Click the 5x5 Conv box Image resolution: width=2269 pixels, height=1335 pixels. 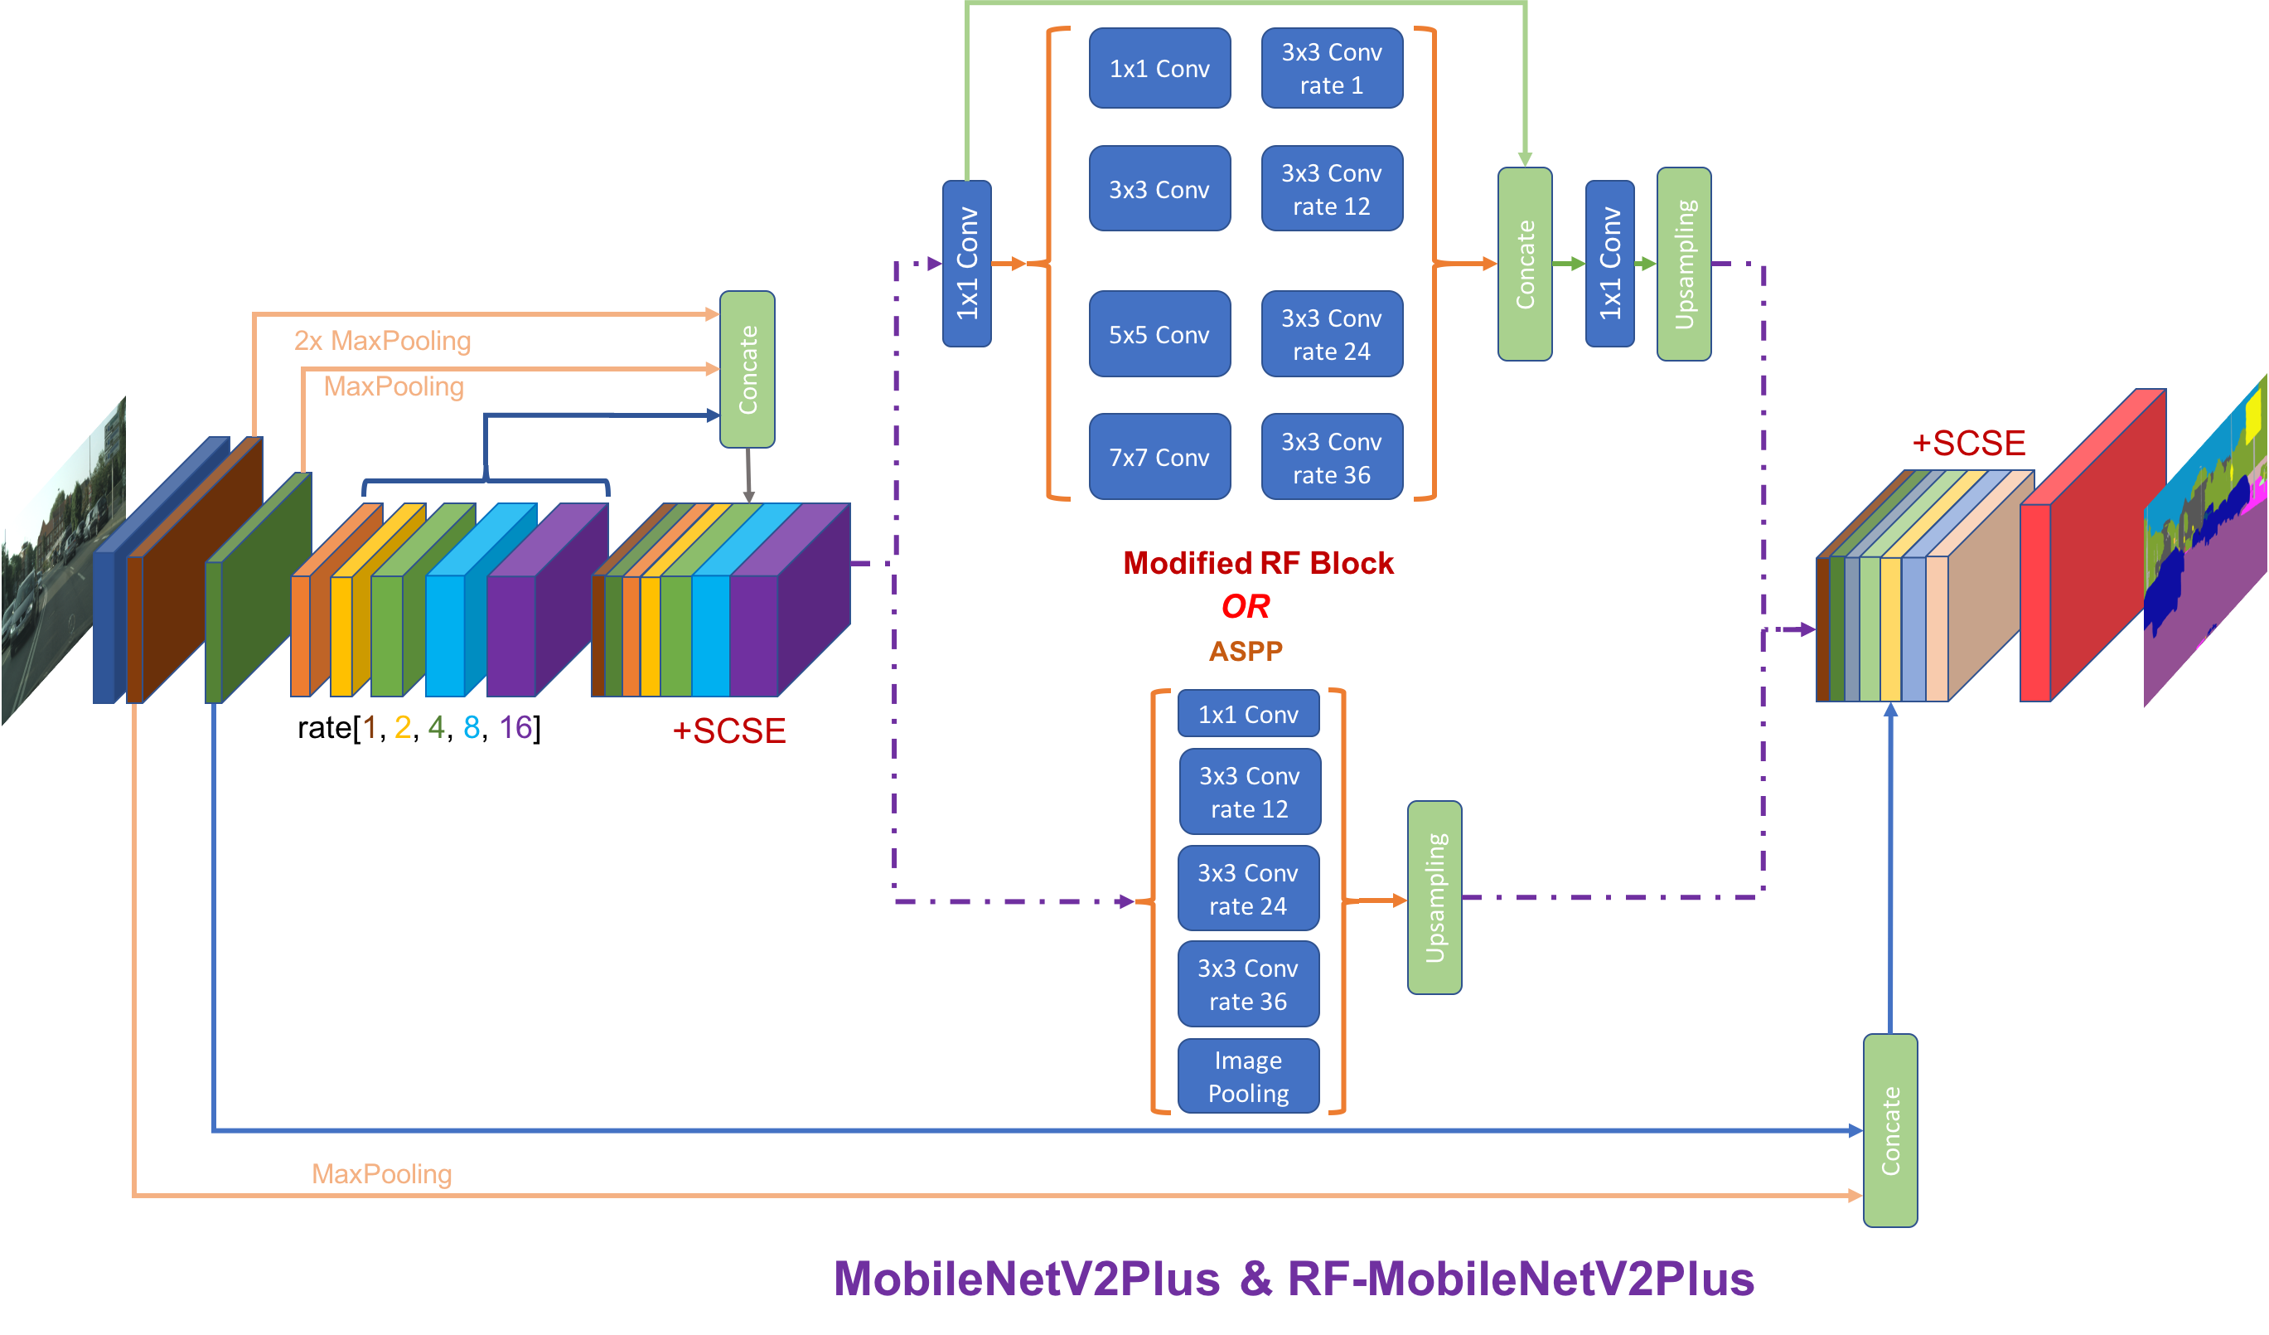tap(1159, 334)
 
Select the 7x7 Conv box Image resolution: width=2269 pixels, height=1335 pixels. tap(1159, 457)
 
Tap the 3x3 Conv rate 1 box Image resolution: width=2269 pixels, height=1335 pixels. tap(1331, 69)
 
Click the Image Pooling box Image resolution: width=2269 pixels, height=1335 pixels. tap(1248, 1076)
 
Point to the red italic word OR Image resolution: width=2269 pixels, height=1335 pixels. tap(1246, 606)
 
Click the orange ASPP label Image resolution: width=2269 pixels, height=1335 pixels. tap(1246, 650)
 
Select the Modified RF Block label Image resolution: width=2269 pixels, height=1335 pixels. tap(1258, 563)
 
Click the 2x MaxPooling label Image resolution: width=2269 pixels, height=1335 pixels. tap(383, 341)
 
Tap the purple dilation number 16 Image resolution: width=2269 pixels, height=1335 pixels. tap(516, 727)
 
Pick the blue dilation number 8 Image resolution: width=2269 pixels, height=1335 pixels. tap(471, 727)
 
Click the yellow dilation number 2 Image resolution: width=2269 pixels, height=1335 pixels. tap(403, 727)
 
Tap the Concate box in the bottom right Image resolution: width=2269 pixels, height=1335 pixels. tap(1890, 1130)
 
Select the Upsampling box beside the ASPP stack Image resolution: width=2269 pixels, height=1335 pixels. tap(1434, 897)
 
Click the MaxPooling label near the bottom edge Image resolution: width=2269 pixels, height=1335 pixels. tap(382, 1174)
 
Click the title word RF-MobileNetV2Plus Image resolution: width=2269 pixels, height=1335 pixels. tap(1521, 1279)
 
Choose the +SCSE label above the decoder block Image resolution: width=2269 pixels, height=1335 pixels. tap(1968, 443)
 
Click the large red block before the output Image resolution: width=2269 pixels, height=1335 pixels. tap(2089, 559)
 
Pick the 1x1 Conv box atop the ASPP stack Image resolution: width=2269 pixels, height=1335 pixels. tap(1248, 714)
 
